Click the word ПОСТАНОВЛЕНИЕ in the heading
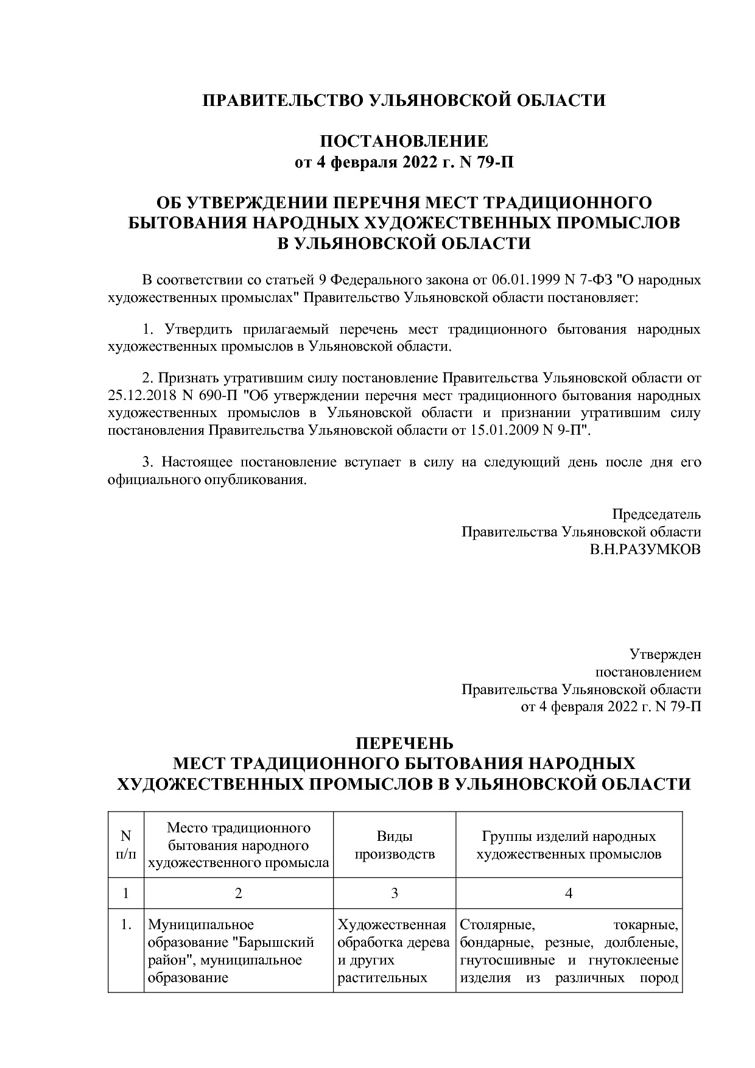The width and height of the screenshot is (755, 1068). [404, 141]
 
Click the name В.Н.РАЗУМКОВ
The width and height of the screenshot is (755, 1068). [645, 549]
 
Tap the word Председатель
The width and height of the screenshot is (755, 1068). [656, 514]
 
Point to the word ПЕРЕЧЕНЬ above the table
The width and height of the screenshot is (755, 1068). [404, 743]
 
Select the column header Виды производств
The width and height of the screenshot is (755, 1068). [394, 845]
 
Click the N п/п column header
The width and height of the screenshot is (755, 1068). [126, 845]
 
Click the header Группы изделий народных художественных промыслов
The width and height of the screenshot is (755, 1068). [569, 845]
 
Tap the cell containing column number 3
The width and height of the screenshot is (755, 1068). [394, 893]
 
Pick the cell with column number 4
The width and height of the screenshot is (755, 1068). [569, 893]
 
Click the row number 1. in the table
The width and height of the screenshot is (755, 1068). [126, 926]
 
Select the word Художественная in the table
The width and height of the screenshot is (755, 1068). [392, 926]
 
